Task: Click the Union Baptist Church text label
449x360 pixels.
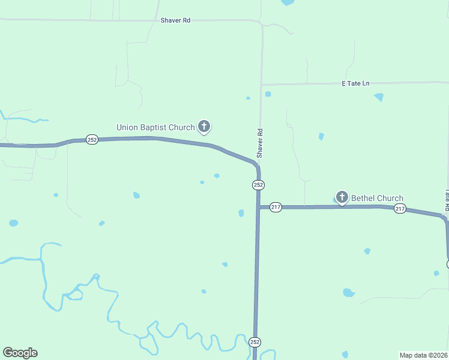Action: [155, 127]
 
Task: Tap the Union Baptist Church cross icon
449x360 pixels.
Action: [204, 127]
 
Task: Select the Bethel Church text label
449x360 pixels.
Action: [377, 198]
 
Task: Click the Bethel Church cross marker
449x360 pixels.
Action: [342, 197]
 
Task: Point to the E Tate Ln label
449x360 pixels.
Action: [355, 83]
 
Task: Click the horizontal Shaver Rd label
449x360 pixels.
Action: [175, 20]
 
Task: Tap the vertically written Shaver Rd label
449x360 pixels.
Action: [260, 143]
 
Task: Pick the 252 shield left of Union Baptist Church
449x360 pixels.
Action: [91, 139]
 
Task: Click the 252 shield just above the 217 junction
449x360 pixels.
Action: [258, 185]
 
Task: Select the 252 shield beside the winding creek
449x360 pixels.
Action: [255, 342]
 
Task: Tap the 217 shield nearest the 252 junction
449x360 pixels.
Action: [276, 207]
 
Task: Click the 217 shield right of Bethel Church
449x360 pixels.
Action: [400, 209]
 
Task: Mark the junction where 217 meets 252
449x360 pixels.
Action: [259, 207]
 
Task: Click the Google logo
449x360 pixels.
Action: [20, 353]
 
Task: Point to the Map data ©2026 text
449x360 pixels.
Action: [424, 355]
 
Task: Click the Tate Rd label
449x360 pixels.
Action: [447, 199]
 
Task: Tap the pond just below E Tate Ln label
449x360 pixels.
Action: [379, 97]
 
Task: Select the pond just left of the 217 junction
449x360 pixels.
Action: [241, 213]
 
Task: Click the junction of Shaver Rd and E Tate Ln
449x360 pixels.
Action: [261, 85]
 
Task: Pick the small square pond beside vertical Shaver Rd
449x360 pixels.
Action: [268, 94]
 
